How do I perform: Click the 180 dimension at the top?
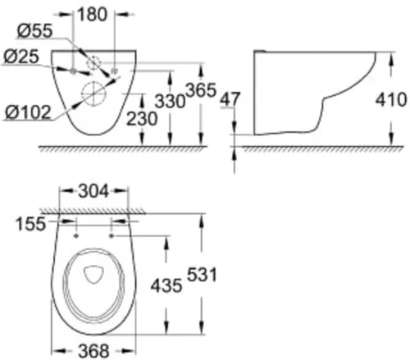click(x=94, y=14)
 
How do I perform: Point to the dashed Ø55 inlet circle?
click(x=93, y=61)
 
